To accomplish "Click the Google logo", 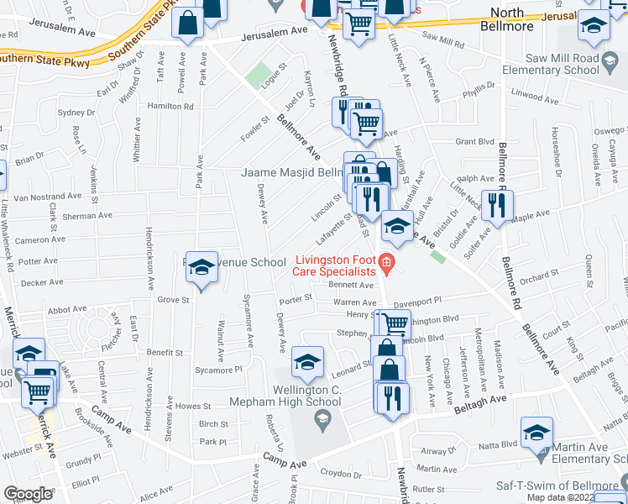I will (x=28, y=494).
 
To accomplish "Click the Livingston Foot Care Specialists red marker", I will (x=386, y=264).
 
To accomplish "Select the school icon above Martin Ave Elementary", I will (x=536, y=433).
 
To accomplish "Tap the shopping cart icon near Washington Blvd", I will (x=393, y=323).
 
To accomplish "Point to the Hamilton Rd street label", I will (x=170, y=107).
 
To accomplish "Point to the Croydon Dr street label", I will (x=341, y=472).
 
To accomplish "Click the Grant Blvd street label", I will (x=474, y=142).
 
